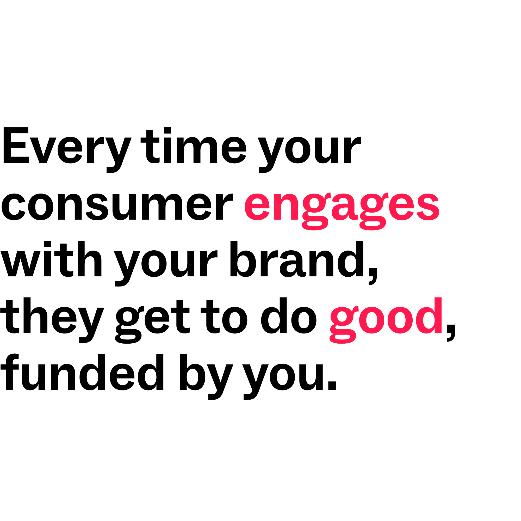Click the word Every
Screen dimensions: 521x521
(x=67, y=150)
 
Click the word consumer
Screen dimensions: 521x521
(x=117, y=207)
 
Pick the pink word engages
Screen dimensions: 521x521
(x=342, y=212)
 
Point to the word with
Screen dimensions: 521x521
(x=51, y=259)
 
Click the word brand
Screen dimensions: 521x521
(x=297, y=259)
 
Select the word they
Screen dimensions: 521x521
(x=52, y=320)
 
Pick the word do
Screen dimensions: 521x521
(x=289, y=315)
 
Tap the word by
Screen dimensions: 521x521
(x=206, y=377)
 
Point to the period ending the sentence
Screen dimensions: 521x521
(x=332, y=386)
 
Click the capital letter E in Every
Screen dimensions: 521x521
(x=16, y=145)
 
